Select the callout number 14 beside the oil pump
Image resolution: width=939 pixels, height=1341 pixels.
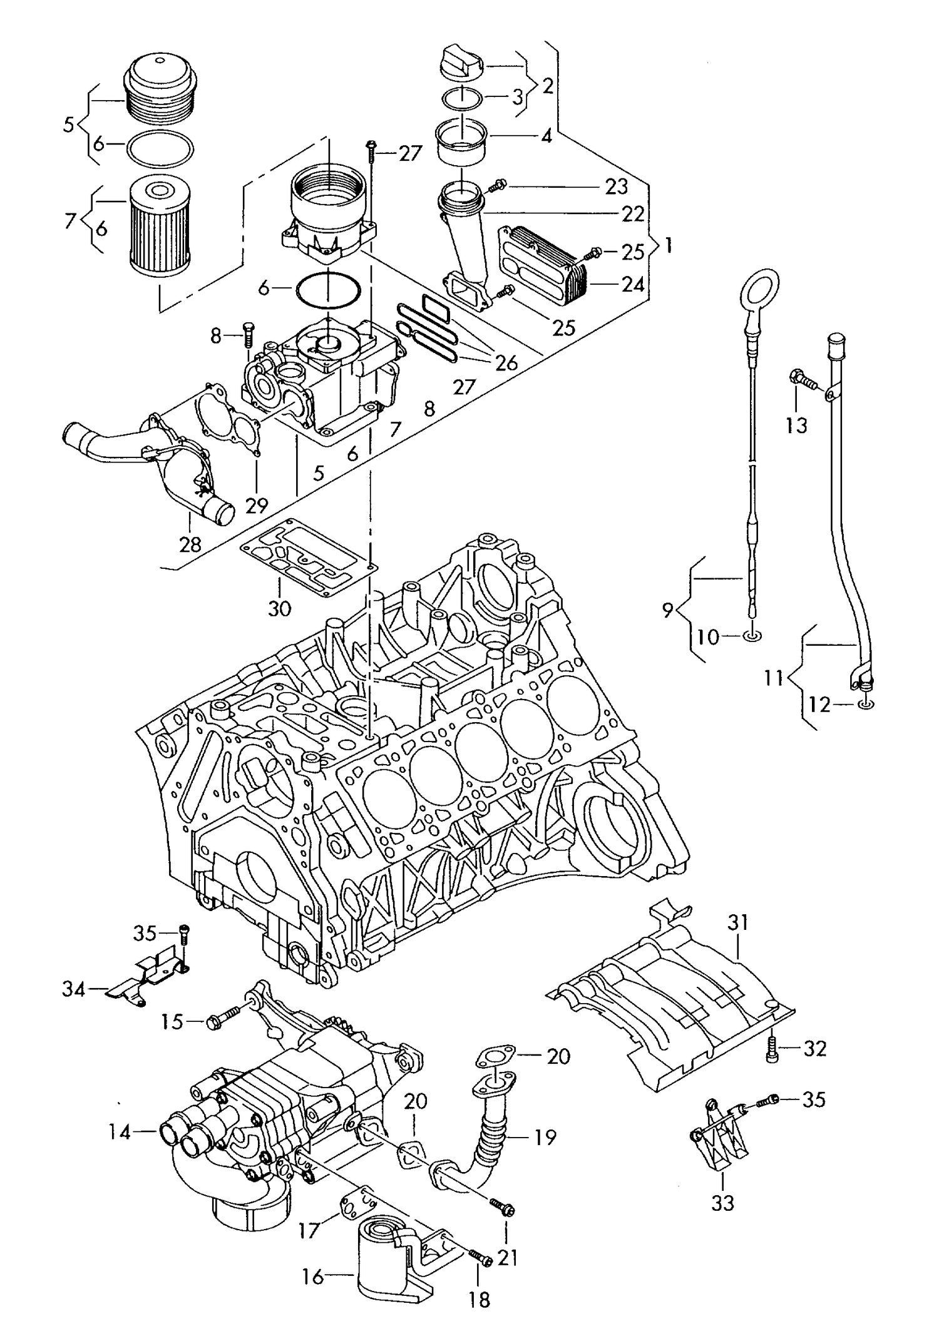[x=120, y=1131]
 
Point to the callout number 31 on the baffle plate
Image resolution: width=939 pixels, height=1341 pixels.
[x=738, y=921]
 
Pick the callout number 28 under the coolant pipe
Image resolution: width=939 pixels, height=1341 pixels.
[x=190, y=544]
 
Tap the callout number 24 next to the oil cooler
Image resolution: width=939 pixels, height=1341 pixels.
[x=633, y=285]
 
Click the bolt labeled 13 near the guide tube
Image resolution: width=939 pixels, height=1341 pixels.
[x=801, y=378]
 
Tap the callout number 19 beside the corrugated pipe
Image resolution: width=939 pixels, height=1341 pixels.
[x=545, y=1137]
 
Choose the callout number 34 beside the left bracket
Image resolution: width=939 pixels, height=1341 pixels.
[x=74, y=989]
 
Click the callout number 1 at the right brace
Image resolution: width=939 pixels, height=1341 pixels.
[x=668, y=245]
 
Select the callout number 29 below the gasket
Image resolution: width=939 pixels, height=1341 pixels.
[x=257, y=504]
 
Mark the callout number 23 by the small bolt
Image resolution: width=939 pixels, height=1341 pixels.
[x=616, y=186]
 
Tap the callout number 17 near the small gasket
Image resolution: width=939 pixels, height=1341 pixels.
[x=310, y=1230]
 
